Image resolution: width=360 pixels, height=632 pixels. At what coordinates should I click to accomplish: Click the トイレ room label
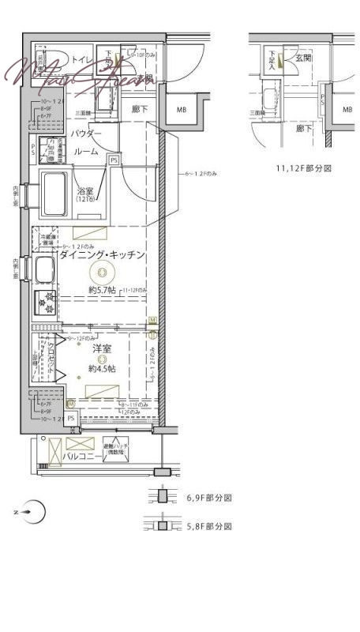[x=80, y=59]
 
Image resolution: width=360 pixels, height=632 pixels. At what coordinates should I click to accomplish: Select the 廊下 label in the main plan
[x=141, y=108]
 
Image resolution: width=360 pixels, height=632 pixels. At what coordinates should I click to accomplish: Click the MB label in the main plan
[x=182, y=110]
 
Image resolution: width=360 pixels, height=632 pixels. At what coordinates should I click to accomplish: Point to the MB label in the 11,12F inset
[x=347, y=110]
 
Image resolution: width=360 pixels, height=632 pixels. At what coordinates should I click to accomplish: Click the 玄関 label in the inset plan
[x=304, y=58]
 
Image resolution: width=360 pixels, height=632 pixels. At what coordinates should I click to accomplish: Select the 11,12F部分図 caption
[x=303, y=168]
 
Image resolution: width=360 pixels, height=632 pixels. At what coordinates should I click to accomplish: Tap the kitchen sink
[x=43, y=270]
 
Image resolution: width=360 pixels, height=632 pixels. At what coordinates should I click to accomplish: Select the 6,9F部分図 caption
[x=208, y=498]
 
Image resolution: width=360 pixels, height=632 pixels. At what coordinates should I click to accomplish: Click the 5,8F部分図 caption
[x=208, y=525]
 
